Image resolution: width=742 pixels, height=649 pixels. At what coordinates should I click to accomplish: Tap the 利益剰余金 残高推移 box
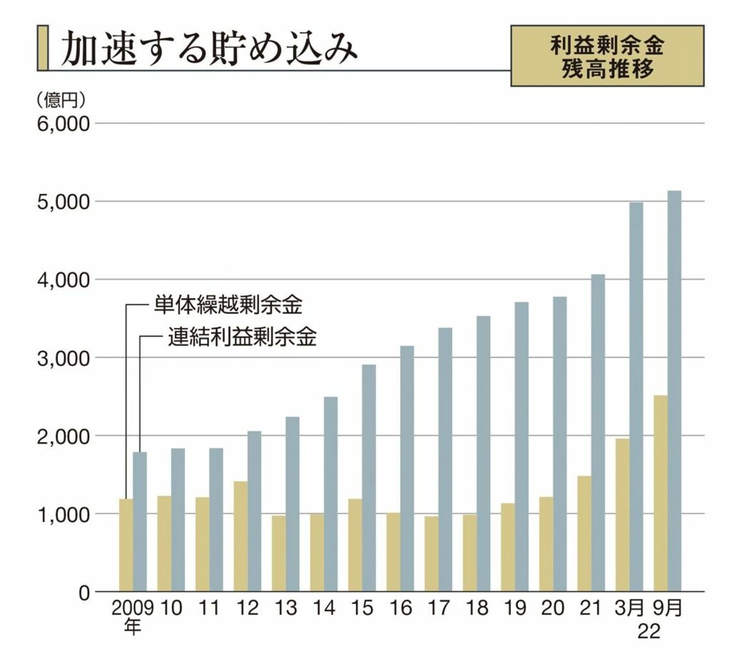607,56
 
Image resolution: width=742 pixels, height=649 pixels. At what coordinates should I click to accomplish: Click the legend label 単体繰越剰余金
228,304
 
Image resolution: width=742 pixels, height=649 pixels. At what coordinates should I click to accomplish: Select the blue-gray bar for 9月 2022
674,391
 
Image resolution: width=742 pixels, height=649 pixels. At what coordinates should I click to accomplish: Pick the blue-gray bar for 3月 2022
636,397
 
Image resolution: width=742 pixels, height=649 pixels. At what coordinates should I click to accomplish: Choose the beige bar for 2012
241,536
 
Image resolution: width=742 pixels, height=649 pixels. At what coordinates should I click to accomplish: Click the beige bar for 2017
432,554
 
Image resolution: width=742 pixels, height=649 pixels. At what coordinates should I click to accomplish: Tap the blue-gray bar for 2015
369,478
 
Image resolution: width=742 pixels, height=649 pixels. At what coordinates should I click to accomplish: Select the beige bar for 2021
584,534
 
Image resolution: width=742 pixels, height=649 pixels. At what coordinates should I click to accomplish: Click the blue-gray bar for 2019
521,447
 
